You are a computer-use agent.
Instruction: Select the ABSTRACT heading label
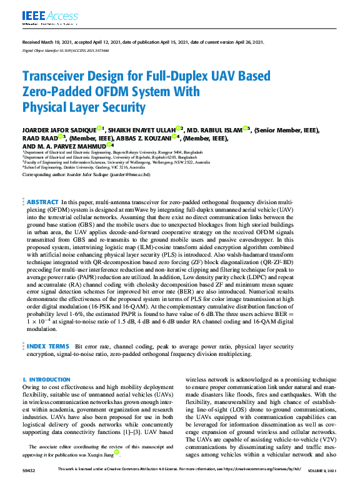click(42, 203)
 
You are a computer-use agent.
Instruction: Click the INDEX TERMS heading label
click(47, 345)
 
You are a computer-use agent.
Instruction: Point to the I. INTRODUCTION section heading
click(46, 379)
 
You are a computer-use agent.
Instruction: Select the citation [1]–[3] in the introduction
click(137, 432)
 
